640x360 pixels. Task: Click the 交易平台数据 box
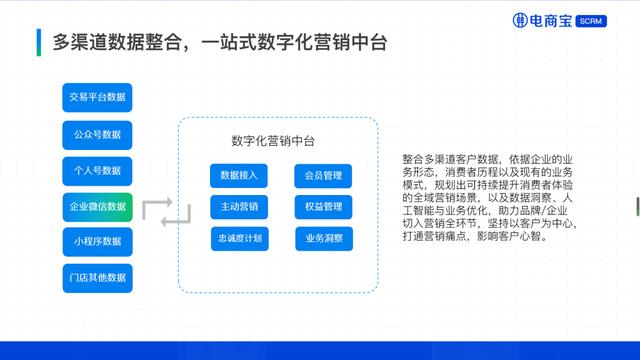coord(97,97)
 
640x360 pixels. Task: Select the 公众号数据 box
coord(97,133)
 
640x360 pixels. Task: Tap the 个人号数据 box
coord(97,170)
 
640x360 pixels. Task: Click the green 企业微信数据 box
coord(97,207)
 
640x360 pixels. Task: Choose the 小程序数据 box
coord(97,242)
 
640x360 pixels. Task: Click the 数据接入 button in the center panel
coord(239,176)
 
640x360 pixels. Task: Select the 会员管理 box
coord(323,176)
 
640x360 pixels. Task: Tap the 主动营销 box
coord(239,207)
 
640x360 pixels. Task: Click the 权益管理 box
coord(323,207)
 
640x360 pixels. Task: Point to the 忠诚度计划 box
coord(239,239)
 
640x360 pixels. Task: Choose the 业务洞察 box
coord(323,239)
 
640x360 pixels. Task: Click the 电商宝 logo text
coord(551,20)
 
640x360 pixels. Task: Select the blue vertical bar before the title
coord(38,43)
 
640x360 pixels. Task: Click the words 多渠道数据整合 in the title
coord(114,43)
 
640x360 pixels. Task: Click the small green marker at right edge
coord(637,207)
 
